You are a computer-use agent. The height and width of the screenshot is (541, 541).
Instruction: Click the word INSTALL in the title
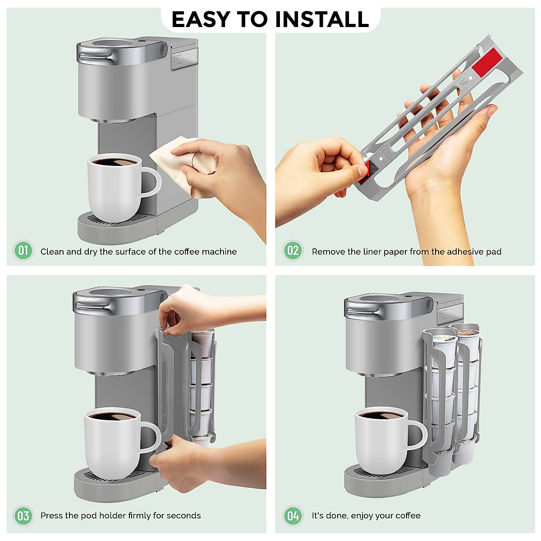click(322, 19)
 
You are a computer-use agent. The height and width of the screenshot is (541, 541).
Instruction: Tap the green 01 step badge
click(23, 251)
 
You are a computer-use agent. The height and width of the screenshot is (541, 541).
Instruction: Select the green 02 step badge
click(293, 251)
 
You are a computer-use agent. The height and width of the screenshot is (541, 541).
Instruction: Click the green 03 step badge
click(23, 515)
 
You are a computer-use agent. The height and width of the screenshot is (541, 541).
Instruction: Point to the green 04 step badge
click(293, 515)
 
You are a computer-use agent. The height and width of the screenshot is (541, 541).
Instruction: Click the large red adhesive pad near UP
click(487, 63)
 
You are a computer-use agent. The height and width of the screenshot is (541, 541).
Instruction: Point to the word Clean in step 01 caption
click(52, 252)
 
